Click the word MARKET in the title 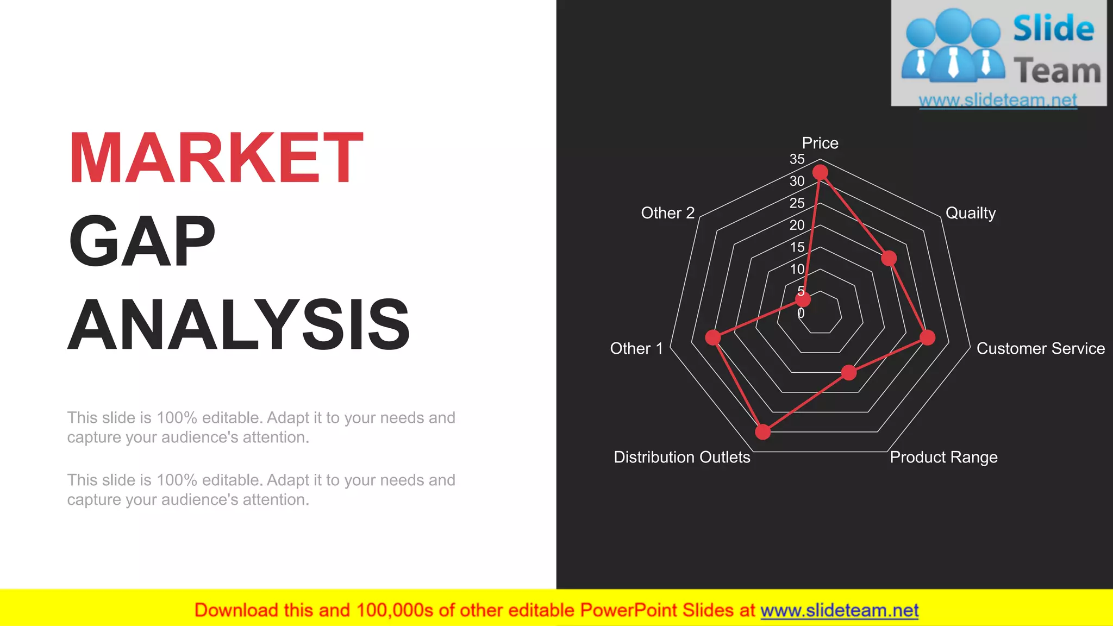(x=216, y=158)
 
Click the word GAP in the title (x=142, y=241)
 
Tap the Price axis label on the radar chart (x=820, y=143)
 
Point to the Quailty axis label (x=971, y=213)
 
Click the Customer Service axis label (x=1040, y=348)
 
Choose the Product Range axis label (x=943, y=457)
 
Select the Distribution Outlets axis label (x=681, y=457)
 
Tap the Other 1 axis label (x=636, y=348)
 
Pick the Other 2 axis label (x=667, y=213)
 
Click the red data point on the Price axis (x=820, y=173)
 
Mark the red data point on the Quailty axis (x=889, y=258)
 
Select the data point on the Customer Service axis (x=927, y=337)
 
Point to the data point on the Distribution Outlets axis (x=763, y=432)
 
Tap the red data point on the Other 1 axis (x=713, y=337)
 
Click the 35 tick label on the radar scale (x=797, y=159)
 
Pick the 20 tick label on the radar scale (x=797, y=225)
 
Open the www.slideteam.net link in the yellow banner (x=839, y=610)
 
